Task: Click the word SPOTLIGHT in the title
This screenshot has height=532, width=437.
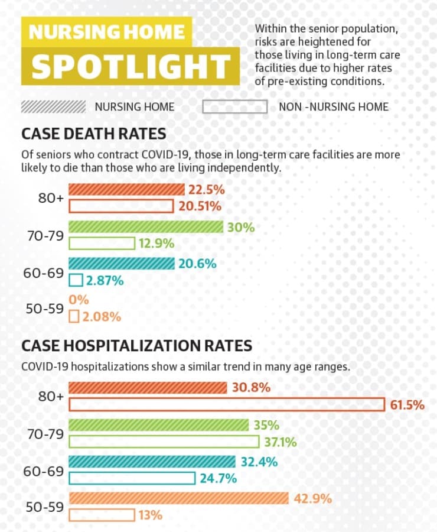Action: [131, 66]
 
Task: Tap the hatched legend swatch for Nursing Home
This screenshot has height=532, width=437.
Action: [53, 106]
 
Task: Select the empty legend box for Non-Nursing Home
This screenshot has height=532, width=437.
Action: [234, 106]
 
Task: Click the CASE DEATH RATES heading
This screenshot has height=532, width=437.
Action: [93, 134]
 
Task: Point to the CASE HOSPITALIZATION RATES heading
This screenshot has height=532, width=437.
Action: [136, 345]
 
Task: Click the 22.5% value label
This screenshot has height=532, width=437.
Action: [207, 190]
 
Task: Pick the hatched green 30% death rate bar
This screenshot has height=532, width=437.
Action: [146, 226]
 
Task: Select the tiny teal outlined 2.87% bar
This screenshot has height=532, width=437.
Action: [76, 280]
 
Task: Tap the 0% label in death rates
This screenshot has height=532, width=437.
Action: [79, 300]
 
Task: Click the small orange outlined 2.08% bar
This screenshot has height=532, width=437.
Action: [74, 316]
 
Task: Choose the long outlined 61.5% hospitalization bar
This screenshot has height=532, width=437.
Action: [227, 404]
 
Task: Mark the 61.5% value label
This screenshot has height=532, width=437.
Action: [407, 405]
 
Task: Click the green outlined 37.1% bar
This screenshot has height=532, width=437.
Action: [164, 442]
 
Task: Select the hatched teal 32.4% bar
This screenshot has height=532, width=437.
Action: [152, 462]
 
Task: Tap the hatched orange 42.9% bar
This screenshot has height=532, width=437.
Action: [179, 498]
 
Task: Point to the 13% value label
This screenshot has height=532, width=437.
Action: [151, 515]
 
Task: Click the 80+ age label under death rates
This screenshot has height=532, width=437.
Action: [51, 198]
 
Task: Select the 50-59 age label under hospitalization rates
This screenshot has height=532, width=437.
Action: [45, 507]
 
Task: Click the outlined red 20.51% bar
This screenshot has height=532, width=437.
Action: [121, 206]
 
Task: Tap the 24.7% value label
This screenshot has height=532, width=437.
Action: [218, 478]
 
